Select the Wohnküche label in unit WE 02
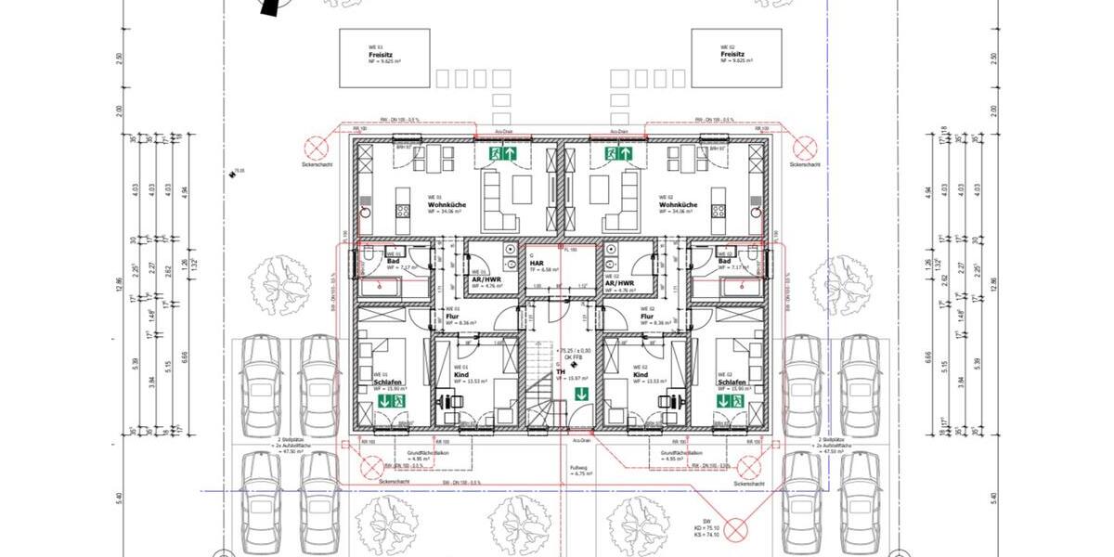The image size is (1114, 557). click(679, 204)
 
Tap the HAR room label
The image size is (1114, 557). click(536, 263)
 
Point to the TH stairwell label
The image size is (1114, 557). click(560, 371)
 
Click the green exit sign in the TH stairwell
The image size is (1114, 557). click(580, 395)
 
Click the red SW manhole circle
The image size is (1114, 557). click(736, 529)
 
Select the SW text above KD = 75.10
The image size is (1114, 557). click(706, 521)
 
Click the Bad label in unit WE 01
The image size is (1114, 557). click(393, 261)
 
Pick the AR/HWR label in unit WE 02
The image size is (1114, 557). click(618, 283)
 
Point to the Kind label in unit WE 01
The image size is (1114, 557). click(460, 374)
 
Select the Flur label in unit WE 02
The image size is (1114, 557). click(648, 316)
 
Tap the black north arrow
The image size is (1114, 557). click(270, 7)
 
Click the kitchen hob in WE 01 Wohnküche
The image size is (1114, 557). click(404, 211)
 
